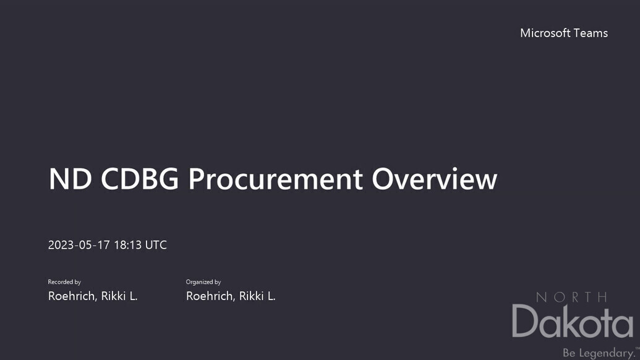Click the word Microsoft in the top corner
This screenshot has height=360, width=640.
point(545,33)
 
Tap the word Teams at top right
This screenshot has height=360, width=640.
point(591,33)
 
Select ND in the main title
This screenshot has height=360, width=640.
point(70,179)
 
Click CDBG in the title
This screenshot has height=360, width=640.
point(140,179)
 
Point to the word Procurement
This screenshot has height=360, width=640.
point(276,179)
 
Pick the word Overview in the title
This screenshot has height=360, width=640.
point(434,179)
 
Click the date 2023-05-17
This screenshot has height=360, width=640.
point(79,245)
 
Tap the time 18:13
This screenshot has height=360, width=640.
point(128,245)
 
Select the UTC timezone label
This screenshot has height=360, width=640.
point(156,245)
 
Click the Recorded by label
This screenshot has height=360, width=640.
point(64,282)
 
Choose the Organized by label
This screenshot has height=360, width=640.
point(203,282)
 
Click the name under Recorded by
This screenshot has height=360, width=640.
point(93,296)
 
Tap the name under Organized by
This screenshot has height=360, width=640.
point(231,296)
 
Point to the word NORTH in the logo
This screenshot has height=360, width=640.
point(571,297)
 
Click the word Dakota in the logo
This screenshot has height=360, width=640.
point(573,322)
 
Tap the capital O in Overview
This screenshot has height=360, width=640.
point(382,179)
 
